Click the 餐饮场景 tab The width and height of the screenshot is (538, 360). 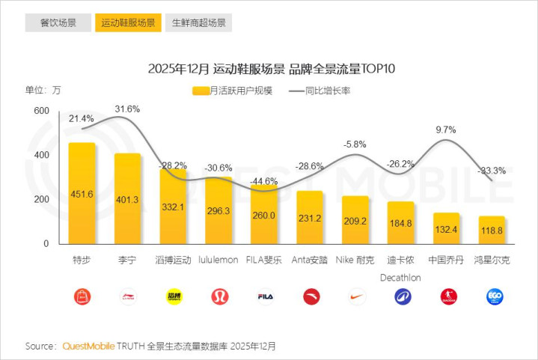(58, 22)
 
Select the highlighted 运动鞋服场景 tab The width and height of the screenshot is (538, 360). (128, 22)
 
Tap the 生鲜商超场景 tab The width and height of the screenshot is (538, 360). (198, 22)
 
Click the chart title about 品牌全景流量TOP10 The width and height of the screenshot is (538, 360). (271, 70)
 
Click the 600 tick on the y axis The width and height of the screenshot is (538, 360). (41, 111)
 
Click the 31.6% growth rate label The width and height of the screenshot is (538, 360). (127, 109)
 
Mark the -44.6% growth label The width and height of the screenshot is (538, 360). (264, 181)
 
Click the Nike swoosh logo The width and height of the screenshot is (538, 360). (355, 297)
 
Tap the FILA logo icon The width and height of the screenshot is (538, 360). (264, 297)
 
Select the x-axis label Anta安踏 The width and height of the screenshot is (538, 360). (310, 260)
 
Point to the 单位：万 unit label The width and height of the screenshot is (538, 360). (43, 91)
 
